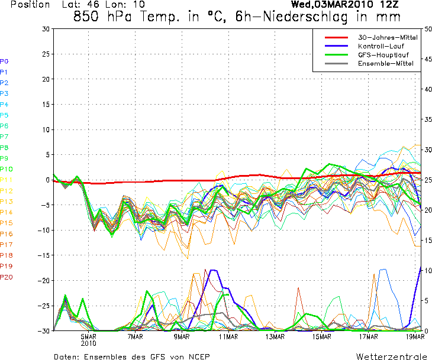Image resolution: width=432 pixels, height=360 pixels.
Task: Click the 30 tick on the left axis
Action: click(x=46, y=29)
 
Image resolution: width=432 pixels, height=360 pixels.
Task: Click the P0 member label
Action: click(x=4, y=61)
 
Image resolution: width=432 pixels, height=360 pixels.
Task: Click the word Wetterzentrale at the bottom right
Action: click(x=391, y=356)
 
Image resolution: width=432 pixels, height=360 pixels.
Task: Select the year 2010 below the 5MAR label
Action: click(x=89, y=343)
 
